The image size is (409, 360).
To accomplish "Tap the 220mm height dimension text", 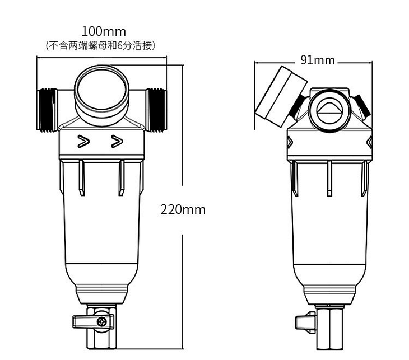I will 183,210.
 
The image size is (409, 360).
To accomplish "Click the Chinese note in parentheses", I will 100,45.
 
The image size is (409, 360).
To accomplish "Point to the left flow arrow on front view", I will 83,142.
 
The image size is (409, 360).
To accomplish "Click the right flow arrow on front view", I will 117,142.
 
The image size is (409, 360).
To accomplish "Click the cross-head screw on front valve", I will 102,322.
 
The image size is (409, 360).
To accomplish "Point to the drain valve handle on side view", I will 304,323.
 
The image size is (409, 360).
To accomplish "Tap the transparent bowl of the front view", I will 101,224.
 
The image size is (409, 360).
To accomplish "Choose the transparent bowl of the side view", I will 329,224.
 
